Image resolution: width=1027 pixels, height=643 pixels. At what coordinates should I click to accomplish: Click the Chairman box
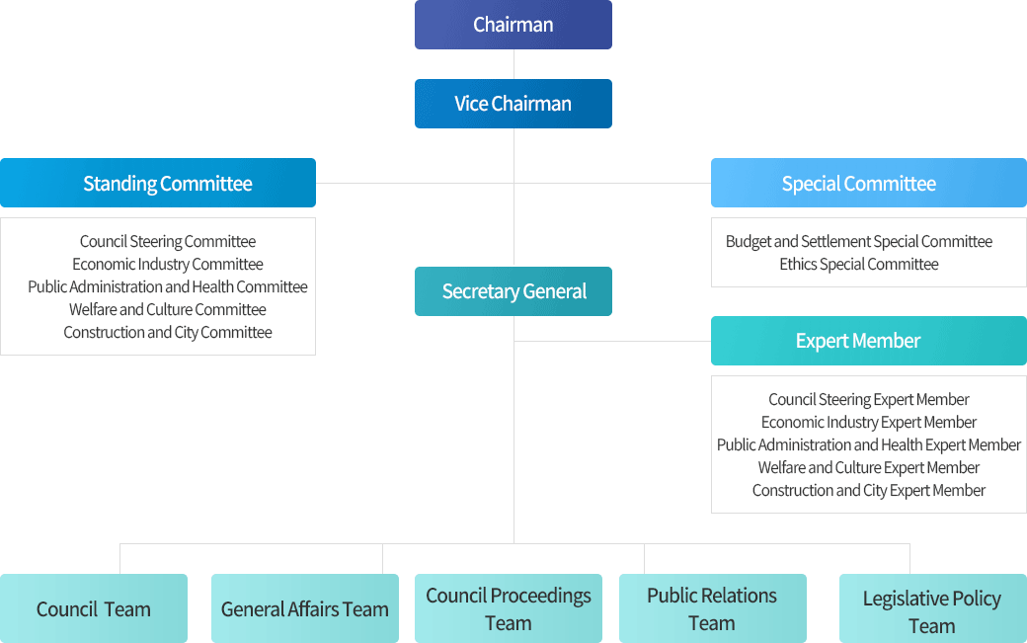pyautogui.click(x=513, y=25)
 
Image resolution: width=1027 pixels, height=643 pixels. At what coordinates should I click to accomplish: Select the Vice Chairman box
pyautogui.click(x=513, y=104)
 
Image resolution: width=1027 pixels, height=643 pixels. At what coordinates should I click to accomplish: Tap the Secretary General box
pyautogui.click(x=513, y=291)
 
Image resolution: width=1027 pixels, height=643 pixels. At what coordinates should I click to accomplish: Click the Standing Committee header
pyautogui.click(x=158, y=183)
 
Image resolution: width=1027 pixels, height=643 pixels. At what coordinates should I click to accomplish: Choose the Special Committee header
pyautogui.click(x=868, y=183)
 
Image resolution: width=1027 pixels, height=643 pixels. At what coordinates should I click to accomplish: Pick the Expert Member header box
pyautogui.click(x=868, y=341)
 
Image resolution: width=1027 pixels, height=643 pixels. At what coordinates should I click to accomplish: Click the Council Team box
pyautogui.click(x=94, y=608)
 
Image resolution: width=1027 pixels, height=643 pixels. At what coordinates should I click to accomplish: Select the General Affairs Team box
pyautogui.click(x=305, y=608)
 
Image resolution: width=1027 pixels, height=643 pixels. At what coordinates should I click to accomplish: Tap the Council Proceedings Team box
pyautogui.click(x=509, y=608)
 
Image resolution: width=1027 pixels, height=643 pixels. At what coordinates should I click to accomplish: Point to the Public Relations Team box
pyautogui.click(x=712, y=608)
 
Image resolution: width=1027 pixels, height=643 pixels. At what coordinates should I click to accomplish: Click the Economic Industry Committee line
pyautogui.click(x=168, y=265)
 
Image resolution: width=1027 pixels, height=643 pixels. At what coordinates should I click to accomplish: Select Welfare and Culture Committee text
pyautogui.click(x=168, y=310)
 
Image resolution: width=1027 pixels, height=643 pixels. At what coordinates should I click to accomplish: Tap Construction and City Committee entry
pyautogui.click(x=168, y=333)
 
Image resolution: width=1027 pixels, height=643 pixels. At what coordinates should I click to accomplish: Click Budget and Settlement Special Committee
pyautogui.click(x=859, y=242)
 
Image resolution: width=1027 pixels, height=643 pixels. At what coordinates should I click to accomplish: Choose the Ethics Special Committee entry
pyautogui.click(x=859, y=265)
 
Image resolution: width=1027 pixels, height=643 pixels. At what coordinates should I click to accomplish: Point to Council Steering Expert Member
pyautogui.click(x=869, y=400)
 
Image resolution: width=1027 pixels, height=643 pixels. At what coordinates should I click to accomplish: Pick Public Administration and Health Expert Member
pyautogui.click(x=869, y=445)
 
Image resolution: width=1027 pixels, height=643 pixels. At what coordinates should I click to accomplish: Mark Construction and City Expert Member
pyautogui.click(x=869, y=491)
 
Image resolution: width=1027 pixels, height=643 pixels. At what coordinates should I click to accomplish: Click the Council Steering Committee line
pyautogui.click(x=168, y=242)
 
